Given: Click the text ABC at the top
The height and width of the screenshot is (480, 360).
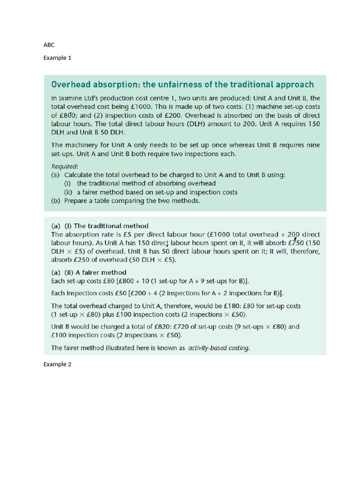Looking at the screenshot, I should click(x=49, y=45).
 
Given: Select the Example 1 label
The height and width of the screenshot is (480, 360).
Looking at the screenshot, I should click(x=57, y=58).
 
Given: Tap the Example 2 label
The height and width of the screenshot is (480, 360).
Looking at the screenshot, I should click(x=57, y=364).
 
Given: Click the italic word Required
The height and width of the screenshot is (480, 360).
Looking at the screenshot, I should click(x=64, y=166).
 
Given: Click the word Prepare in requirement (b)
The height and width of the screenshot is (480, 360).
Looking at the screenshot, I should click(x=76, y=201).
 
